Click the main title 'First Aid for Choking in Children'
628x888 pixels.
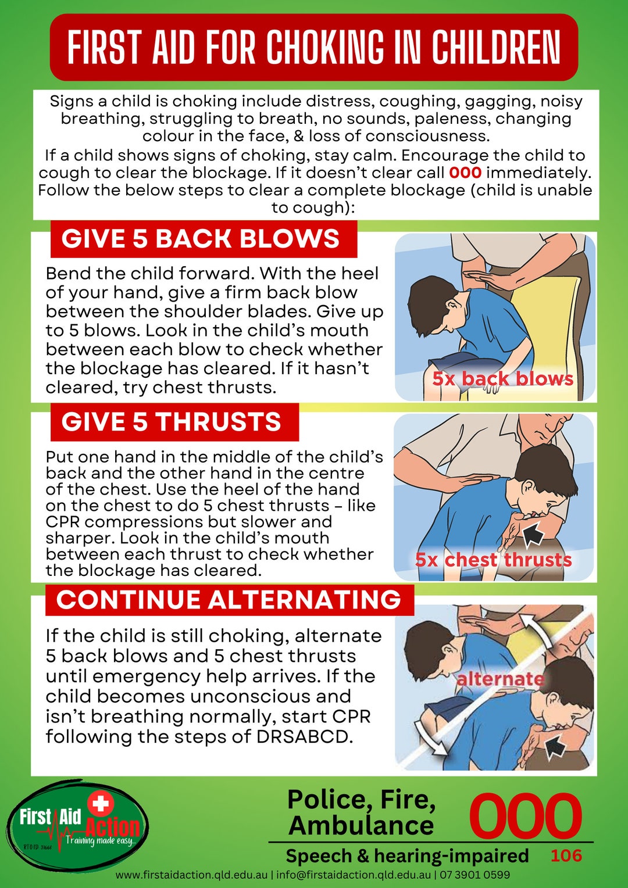314,47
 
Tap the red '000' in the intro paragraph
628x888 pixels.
465,173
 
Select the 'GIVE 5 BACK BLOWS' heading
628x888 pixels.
201,239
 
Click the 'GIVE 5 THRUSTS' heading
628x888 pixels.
172,422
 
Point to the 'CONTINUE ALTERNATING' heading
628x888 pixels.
229,600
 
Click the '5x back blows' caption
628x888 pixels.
502,378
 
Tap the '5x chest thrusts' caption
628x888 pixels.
493,560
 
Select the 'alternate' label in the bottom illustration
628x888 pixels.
500,679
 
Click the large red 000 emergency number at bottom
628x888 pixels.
524,816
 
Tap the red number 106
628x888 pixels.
566,855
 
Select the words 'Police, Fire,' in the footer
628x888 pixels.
361,800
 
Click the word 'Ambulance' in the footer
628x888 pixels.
361,825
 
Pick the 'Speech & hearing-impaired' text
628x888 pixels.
407,855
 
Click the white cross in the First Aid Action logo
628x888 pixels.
101,804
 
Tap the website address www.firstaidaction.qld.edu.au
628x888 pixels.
191,875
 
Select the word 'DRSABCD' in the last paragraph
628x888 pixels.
304,736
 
